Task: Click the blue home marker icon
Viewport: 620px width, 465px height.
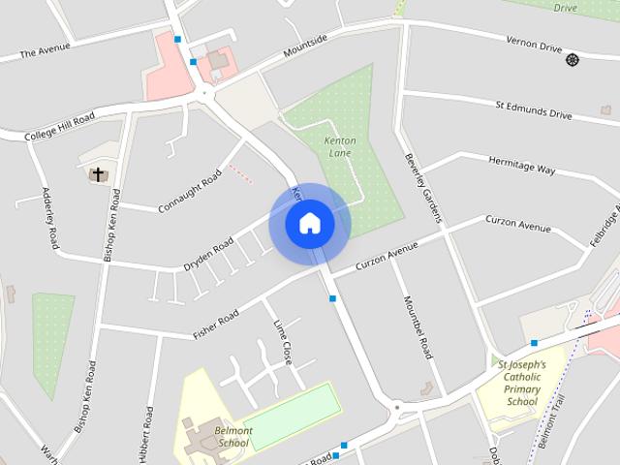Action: [310, 224]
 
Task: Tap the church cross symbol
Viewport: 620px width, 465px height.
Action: [97, 174]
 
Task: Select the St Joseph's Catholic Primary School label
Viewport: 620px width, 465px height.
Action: [521, 383]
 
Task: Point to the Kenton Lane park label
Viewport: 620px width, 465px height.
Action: [339, 147]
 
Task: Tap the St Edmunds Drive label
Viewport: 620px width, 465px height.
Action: [534, 108]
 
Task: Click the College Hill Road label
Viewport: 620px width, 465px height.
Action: [60, 125]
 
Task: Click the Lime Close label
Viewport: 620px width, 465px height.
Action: [282, 341]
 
